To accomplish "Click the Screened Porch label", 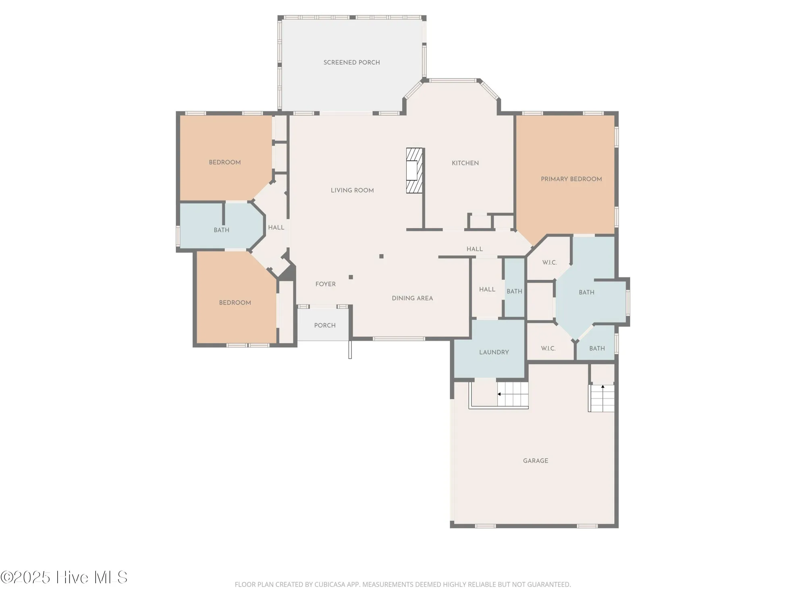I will (x=351, y=63).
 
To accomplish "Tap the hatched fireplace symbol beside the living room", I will (x=414, y=170).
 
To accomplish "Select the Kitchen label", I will (x=465, y=163).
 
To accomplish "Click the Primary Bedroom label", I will (x=571, y=179).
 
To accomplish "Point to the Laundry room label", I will (x=494, y=352).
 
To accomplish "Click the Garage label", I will (x=535, y=461).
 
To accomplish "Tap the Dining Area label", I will (x=412, y=298).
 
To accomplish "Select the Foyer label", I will (x=325, y=284).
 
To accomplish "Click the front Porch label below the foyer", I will (x=324, y=325).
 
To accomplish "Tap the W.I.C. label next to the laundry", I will (x=548, y=348).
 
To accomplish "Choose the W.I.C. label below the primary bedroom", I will (x=549, y=263).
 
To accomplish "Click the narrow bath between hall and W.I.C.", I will (x=514, y=291).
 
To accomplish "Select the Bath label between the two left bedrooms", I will (x=221, y=230).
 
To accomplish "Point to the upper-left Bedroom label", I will (x=224, y=162).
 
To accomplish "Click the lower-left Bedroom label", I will (x=235, y=302).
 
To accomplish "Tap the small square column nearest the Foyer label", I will (x=351, y=277).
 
